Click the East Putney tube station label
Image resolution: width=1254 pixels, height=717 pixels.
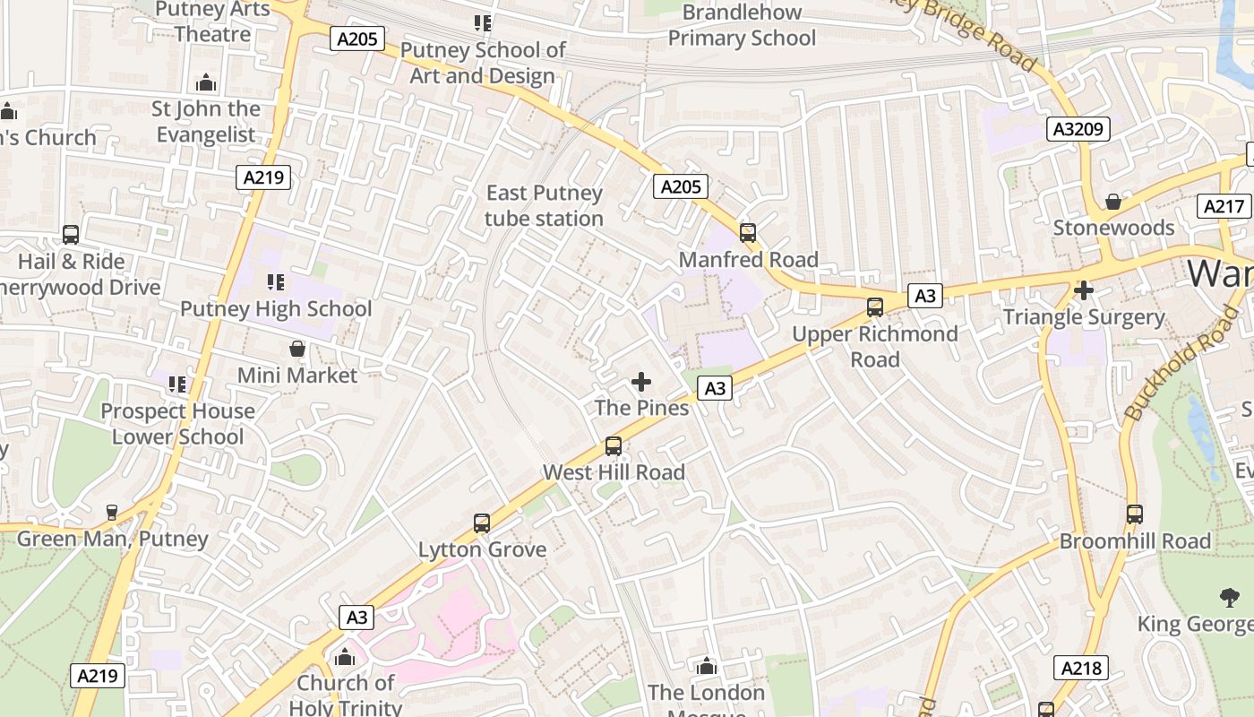coord(544,206)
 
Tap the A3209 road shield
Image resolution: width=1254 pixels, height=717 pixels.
coord(1078,129)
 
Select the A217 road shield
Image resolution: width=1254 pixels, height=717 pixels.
coord(1224,206)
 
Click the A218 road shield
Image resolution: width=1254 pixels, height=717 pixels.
coord(1082,668)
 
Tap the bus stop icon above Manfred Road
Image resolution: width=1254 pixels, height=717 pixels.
coord(748,233)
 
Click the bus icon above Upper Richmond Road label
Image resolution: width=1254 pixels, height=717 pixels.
coord(875,307)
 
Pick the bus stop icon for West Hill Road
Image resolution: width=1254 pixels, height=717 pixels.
coord(614,445)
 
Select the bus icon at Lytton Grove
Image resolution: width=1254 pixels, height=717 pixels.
coord(482,523)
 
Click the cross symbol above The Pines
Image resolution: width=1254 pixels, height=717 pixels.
coord(641,383)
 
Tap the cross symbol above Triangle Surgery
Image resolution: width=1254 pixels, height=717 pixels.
coord(1084,290)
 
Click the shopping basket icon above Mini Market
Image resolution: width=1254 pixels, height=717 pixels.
coord(297,349)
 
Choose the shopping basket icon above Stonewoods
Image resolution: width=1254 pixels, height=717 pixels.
coord(1113,202)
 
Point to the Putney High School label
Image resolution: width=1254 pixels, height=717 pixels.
coord(276,309)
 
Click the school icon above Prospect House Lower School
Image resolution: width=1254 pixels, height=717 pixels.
coord(177,384)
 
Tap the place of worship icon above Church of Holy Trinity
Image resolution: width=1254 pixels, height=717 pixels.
coord(345,658)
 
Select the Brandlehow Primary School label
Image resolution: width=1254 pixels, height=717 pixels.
coord(742,25)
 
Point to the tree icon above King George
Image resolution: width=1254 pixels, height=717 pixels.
coord(1228,597)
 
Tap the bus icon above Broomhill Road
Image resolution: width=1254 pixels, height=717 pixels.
coord(1135,514)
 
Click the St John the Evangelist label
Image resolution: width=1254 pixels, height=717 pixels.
coord(206,122)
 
